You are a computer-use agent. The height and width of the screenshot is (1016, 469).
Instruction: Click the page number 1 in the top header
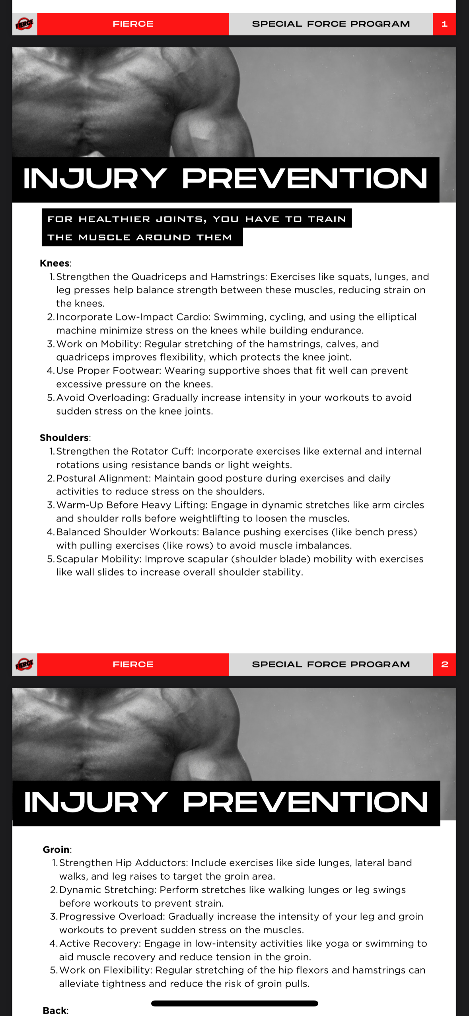pyautogui.click(x=444, y=24)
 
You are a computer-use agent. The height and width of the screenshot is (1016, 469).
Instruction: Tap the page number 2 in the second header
pyautogui.click(x=444, y=664)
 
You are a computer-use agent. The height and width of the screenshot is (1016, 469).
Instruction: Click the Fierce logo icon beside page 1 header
pyautogui.click(x=24, y=24)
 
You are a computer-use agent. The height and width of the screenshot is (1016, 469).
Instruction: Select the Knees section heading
pyautogui.click(x=55, y=263)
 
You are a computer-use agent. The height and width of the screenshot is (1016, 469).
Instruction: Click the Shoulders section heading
pyautogui.click(x=64, y=438)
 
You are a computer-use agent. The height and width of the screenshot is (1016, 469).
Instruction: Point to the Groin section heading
pyautogui.click(x=56, y=849)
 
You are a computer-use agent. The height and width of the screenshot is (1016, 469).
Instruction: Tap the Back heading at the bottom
pyautogui.click(x=55, y=1010)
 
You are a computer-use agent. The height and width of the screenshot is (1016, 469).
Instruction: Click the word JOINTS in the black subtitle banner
pyautogui.click(x=181, y=219)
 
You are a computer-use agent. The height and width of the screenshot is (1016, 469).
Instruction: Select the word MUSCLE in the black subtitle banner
pyautogui.click(x=104, y=237)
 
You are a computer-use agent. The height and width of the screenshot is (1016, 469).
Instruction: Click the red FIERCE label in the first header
pyautogui.click(x=133, y=24)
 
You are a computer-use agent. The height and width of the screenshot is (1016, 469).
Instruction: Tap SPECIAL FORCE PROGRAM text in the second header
pyautogui.click(x=331, y=664)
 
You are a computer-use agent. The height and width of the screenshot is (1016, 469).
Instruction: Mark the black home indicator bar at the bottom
pyautogui.click(x=235, y=1003)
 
